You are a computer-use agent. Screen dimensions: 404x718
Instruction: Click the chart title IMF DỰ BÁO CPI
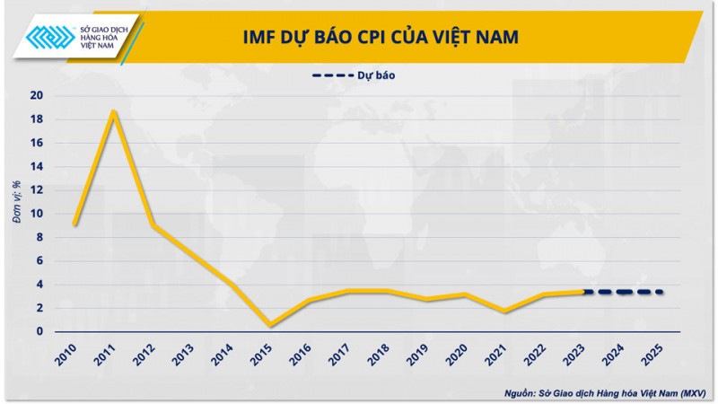point(381,37)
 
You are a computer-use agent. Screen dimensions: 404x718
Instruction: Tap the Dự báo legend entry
point(358,75)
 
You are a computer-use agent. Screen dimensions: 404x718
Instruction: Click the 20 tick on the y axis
point(37,96)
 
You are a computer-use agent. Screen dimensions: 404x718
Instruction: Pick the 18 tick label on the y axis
point(37,119)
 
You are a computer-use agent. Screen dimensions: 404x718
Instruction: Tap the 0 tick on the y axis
point(40,331)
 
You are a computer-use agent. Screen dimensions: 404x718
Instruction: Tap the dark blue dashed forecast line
point(624,292)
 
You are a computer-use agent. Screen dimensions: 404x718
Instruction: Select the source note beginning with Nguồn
point(606,393)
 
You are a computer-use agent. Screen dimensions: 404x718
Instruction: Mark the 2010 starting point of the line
point(74,224)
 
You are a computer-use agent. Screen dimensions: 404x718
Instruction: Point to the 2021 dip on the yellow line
point(506,311)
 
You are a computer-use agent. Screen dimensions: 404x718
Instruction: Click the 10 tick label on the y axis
point(37,214)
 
